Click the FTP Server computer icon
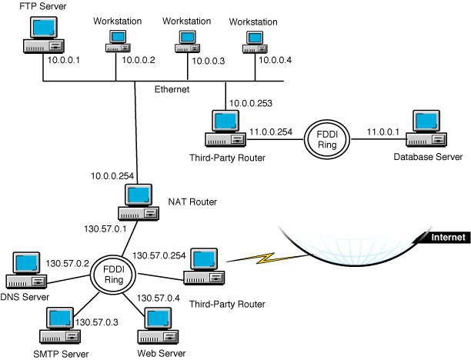pyautogui.click(x=39, y=37)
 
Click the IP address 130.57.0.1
pyautogui.click(x=104, y=228)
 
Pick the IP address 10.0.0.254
pyautogui.click(x=111, y=175)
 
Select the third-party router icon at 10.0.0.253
pyautogui.click(x=224, y=130)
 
